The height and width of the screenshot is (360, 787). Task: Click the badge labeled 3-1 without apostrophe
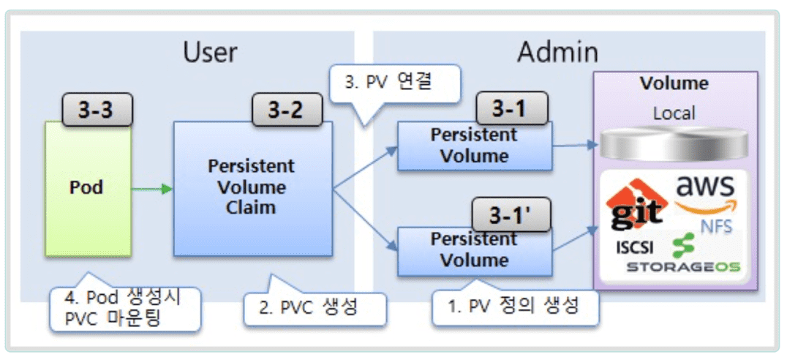[511, 109]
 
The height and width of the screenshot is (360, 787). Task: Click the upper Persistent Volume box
[475, 146]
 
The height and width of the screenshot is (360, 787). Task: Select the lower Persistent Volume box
[475, 251]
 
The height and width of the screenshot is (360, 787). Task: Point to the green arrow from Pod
[152, 190]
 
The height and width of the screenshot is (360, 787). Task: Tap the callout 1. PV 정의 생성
[514, 306]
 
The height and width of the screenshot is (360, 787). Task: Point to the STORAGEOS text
[683, 266]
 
